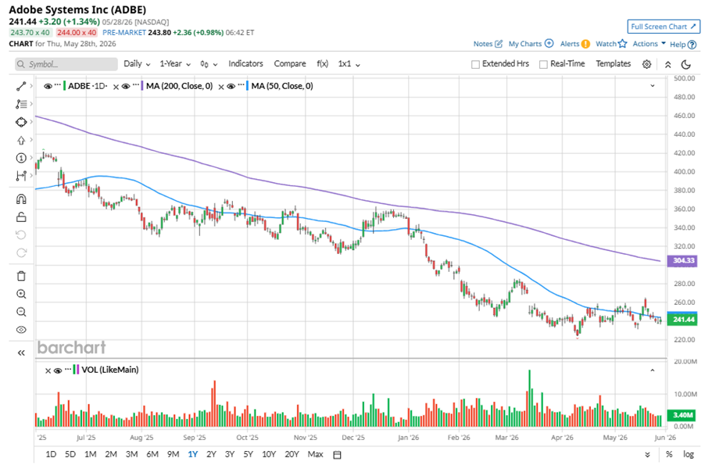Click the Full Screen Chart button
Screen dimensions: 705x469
pos(664,27)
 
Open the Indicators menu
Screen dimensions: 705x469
pos(245,64)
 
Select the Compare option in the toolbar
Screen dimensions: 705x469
pos(290,64)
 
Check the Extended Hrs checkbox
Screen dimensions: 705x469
pos(475,64)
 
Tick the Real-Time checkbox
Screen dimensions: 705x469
pos(543,64)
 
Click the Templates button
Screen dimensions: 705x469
pos(614,64)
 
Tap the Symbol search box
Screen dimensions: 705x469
pos(66,64)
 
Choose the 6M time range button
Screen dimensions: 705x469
pos(152,454)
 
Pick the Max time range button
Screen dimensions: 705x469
pos(315,454)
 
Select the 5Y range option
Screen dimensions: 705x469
pos(249,454)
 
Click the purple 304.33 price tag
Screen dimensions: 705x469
pos(683,260)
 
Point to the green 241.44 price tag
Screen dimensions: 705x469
pos(683,319)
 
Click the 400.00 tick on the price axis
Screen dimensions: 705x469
pos(685,171)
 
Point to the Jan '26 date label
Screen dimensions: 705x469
pos(408,437)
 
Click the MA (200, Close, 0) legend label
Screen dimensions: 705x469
pos(180,86)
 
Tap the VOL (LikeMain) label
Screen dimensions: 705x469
pos(110,370)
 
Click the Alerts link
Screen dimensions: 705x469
pos(570,44)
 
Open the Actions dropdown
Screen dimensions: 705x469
pos(649,44)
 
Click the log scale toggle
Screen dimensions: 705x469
pos(689,454)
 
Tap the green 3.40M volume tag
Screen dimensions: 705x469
pos(683,414)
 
